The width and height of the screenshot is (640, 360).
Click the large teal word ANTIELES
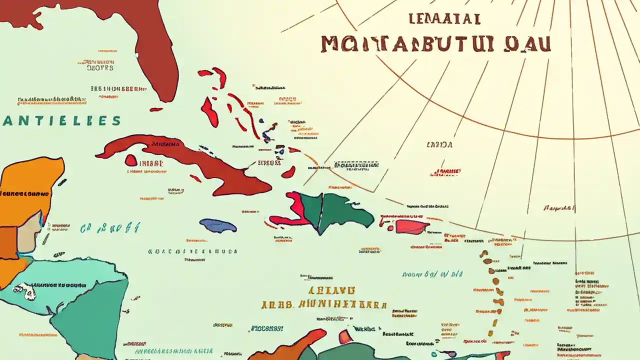61,121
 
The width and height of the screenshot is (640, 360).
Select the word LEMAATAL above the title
444,19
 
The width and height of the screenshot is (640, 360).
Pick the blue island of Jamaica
218,225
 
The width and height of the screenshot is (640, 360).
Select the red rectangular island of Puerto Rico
411,227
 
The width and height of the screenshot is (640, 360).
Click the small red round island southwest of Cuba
131,160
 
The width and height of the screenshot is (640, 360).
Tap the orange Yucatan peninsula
30,185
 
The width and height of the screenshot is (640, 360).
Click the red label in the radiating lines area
444,172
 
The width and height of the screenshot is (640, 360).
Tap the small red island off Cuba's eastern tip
288,172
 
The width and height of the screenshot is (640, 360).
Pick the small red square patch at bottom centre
345,336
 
